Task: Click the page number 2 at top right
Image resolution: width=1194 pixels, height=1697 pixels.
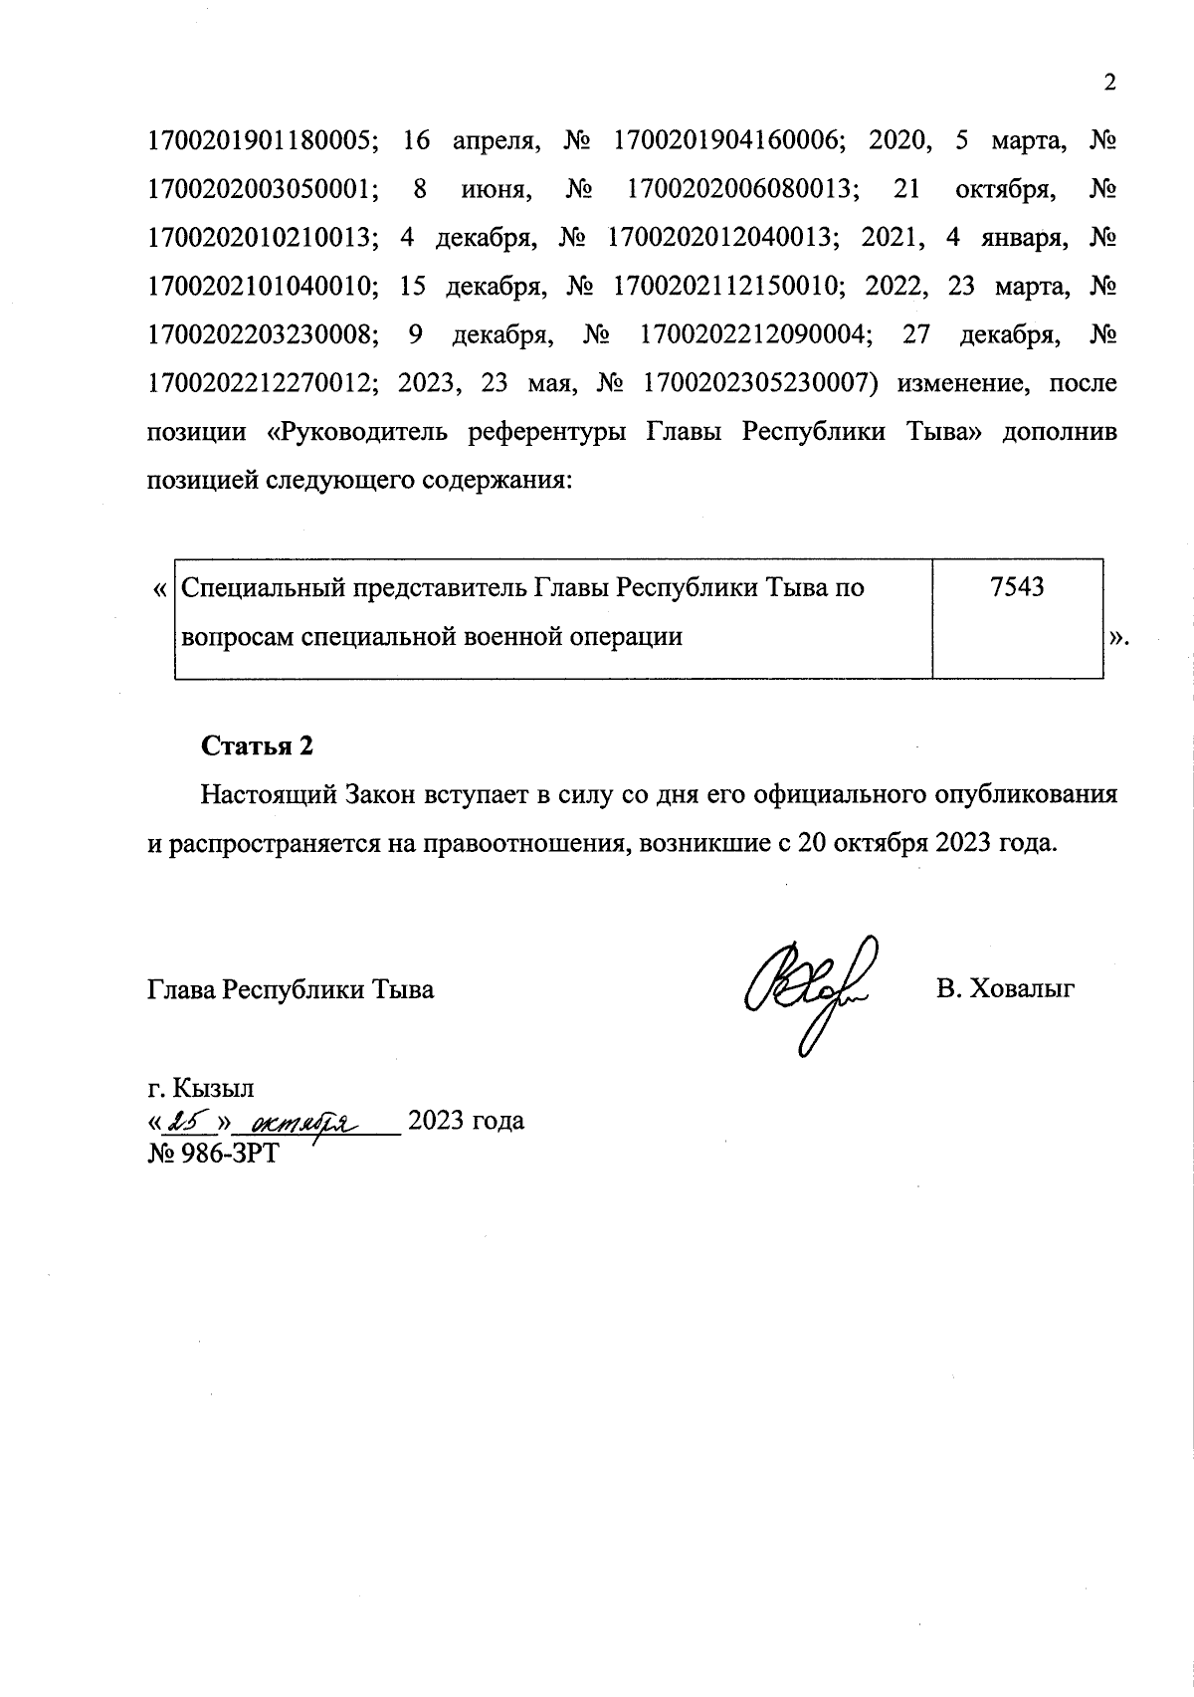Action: [1110, 83]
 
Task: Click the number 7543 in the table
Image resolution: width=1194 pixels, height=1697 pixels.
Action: [1017, 587]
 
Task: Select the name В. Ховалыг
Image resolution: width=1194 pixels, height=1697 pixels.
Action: [1005, 989]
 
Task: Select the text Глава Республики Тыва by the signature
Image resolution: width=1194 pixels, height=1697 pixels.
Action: [291, 990]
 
